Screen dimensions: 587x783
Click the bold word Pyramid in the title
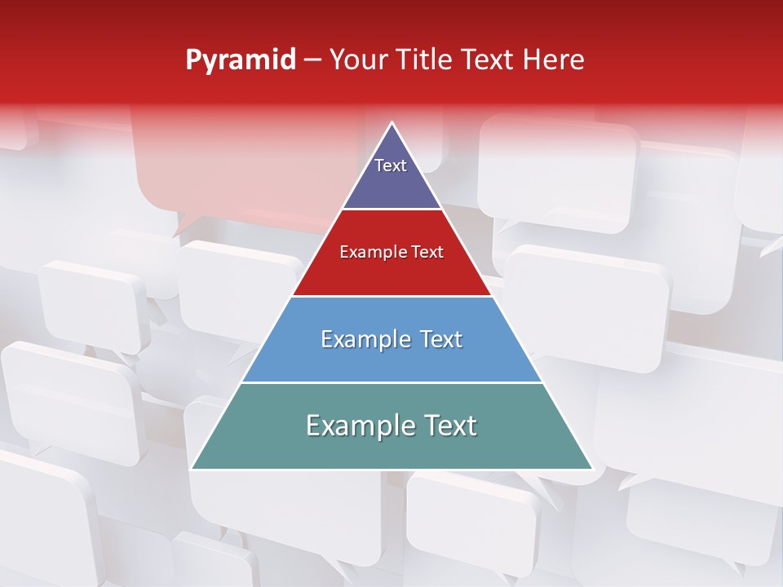pos(241,60)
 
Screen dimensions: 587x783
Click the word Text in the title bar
pos(489,60)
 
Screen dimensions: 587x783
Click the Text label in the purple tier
pos(391,166)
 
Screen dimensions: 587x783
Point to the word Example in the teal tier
pos(356,426)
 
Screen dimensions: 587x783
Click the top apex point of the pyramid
pos(392,123)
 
